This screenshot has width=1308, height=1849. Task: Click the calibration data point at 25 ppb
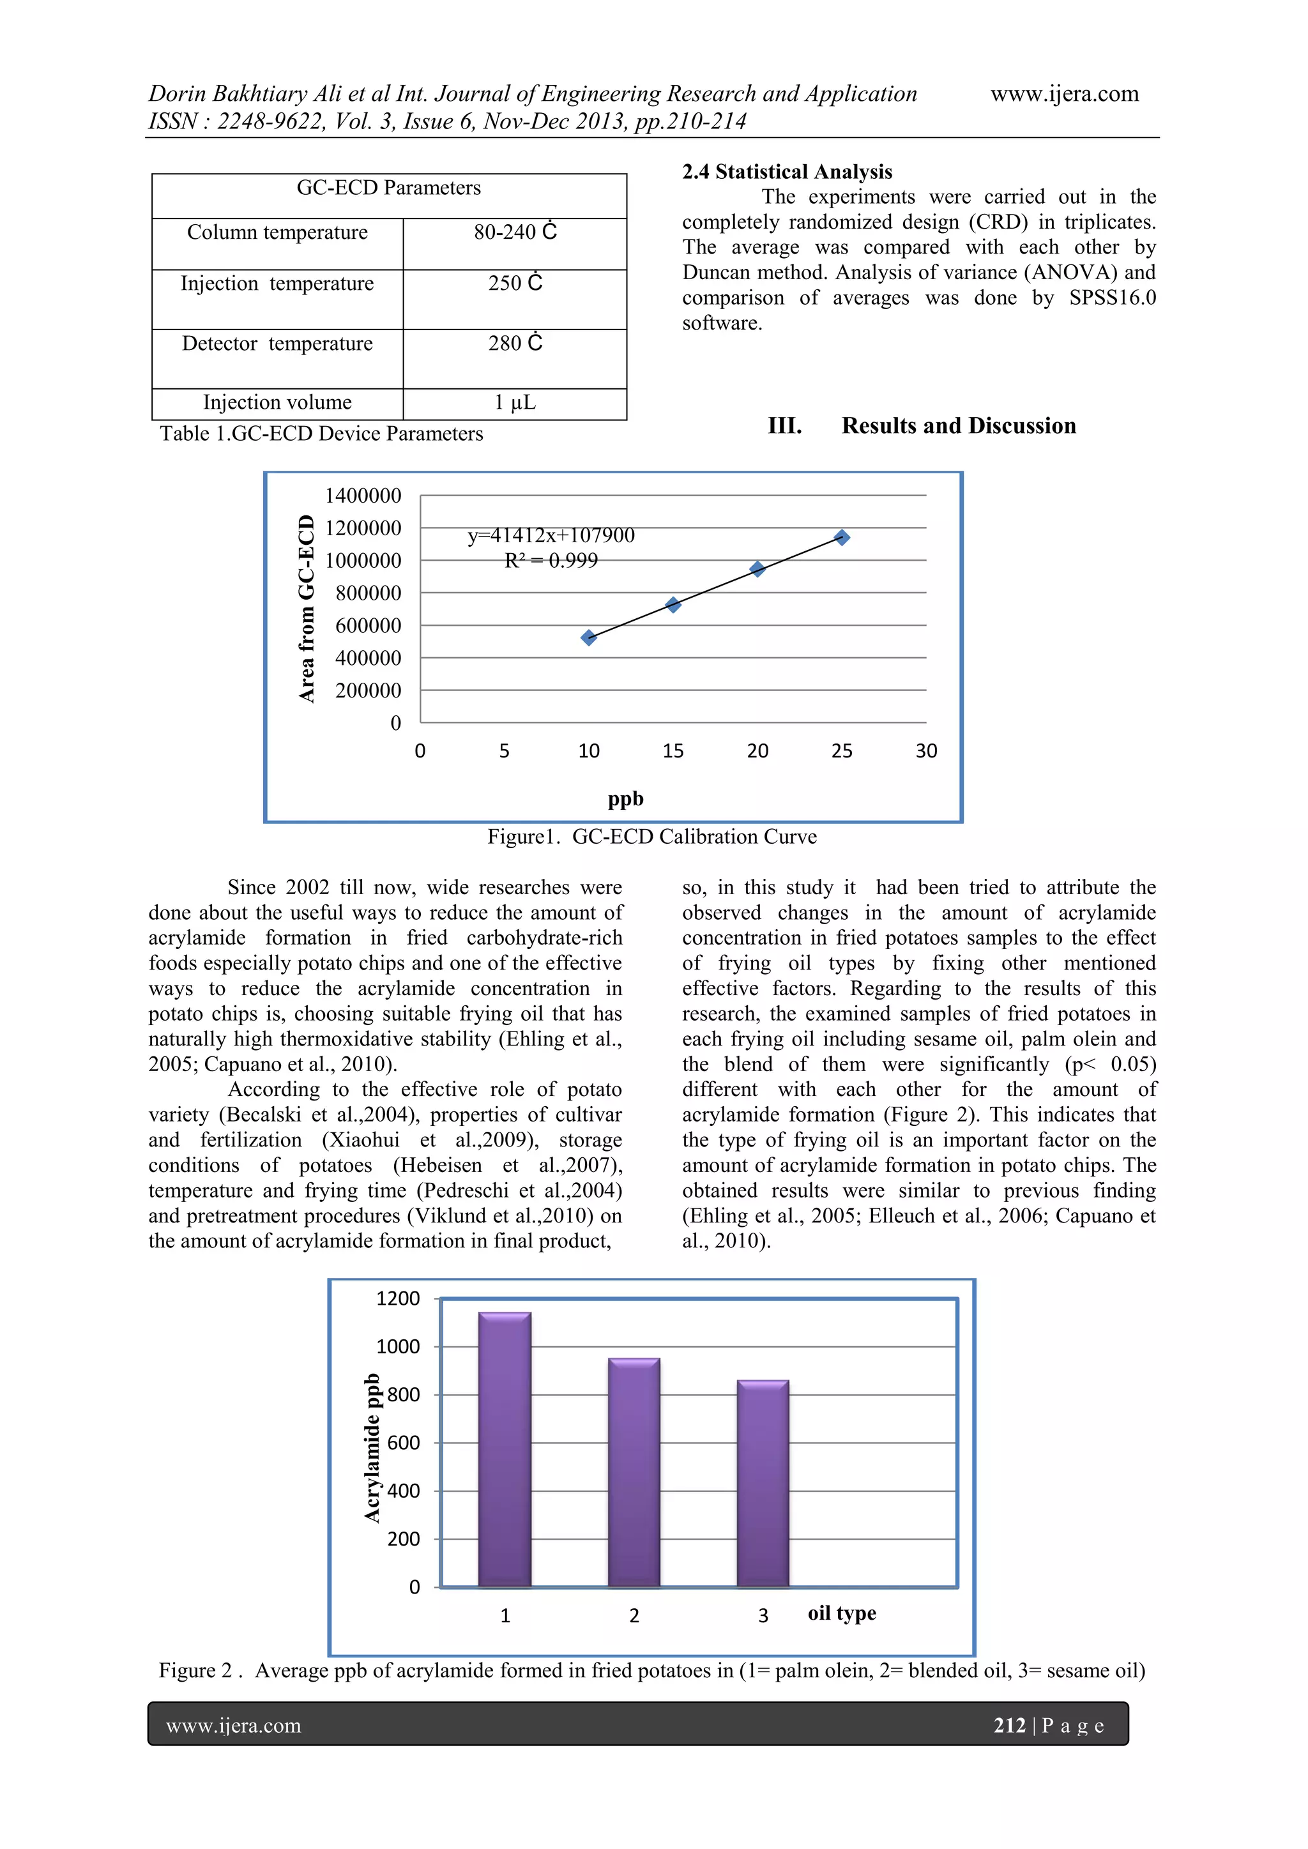click(842, 537)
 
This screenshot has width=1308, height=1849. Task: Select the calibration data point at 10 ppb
click(589, 638)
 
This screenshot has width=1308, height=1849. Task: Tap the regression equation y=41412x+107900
click(551, 535)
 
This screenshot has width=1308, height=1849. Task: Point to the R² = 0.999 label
click(551, 561)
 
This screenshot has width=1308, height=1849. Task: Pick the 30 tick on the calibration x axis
click(926, 751)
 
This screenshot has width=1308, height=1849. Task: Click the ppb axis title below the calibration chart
click(626, 799)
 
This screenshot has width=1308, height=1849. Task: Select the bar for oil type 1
click(505, 1450)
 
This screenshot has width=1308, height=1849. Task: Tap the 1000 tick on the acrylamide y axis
click(398, 1346)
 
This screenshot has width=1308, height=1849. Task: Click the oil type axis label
click(842, 1613)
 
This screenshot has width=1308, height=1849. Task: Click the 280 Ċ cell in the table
click(515, 344)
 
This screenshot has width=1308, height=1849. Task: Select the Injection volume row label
click(277, 402)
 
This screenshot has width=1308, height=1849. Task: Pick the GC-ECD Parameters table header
click(388, 188)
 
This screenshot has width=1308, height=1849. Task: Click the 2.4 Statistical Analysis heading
click(787, 172)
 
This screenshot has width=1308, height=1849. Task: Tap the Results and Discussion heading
click(959, 426)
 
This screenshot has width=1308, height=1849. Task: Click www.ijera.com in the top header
click(1064, 95)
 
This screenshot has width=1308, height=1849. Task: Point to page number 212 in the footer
click(1009, 1725)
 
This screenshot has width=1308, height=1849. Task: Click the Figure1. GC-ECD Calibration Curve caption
click(651, 837)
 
